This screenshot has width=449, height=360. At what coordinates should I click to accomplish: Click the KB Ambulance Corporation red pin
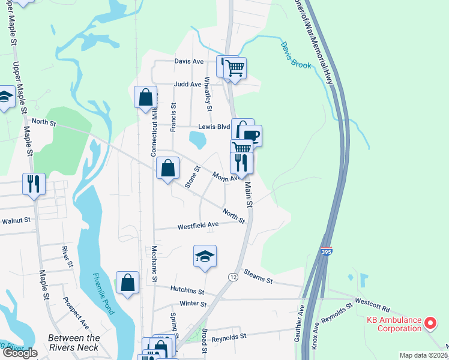pos(430,324)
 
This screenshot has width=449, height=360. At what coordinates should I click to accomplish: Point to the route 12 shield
pos(233,277)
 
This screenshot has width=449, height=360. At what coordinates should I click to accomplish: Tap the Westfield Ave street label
pos(198,226)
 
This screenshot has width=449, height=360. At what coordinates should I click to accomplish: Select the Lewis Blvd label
pos(214,127)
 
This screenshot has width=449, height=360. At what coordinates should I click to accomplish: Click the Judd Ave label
pos(187,85)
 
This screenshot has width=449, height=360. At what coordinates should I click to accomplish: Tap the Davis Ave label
pos(189,61)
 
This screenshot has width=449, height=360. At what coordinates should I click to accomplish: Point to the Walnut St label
pos(16,221)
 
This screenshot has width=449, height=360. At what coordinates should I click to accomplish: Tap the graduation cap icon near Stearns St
pos(205,256)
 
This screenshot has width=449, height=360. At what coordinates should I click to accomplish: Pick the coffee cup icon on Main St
pos(251,135)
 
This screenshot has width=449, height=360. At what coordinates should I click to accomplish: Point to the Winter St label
pos(193,304)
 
